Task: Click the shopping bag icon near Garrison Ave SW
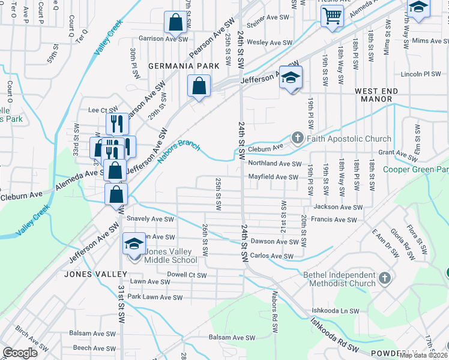tap(175, 23)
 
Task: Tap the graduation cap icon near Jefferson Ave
tap(291, 78)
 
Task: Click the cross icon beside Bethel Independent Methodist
tap(384, 278)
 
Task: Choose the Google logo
tap(20, 353)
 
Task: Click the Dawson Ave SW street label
tap(274, 242)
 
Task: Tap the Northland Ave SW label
tap(274, 163)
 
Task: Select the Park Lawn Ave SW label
tap(154, 297)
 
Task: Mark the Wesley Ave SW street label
tap(270, 43)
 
